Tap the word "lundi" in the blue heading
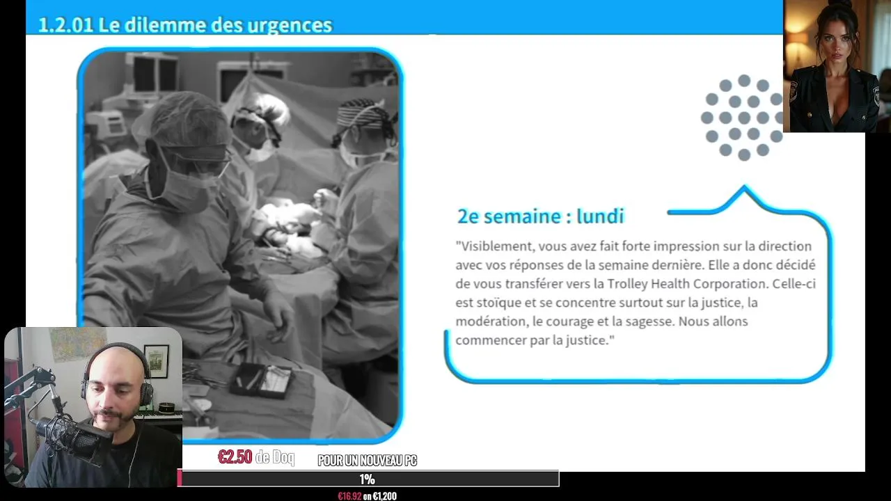[x=600, y=216]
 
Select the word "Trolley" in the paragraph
[x=627, y=284]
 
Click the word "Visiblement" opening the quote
[x=497, y=246]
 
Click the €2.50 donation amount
[x=235, y=457]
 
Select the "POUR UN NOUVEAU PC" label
[x=367, y=461]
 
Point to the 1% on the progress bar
[x=367, y=479]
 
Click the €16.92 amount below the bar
[x=349, y=496]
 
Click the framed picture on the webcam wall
[x=157, y=361]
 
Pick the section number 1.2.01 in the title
[x=65, y=24]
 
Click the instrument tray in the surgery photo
[x=261, y=380]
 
